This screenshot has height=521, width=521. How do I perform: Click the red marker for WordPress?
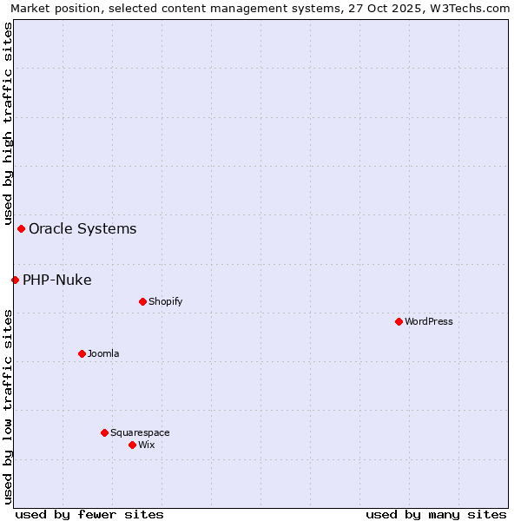click(x=399, y=321)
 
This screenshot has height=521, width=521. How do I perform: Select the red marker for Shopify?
click(x=142, y=301)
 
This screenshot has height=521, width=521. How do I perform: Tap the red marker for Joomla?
click(x=82, y=353)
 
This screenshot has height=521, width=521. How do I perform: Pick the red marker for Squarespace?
click(x=104, y=432)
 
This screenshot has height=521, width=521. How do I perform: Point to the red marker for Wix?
click(x=132, y=445)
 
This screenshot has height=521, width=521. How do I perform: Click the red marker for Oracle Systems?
click(x=21, y=228)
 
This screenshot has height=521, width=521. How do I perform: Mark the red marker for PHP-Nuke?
click(x=15, y=280)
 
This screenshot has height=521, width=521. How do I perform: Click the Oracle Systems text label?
click(x=82, y=228)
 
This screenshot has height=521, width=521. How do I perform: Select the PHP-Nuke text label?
click(x=56, y=280)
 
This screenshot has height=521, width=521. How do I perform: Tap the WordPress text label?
click(x=429, y=321)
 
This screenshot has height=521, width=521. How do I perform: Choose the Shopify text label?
click(x=165, y=301)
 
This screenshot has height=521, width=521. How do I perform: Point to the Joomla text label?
click(x=103, y=353)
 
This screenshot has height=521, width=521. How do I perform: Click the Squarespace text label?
click(x=140, y=432)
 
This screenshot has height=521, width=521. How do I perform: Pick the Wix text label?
click(x=146, y=445)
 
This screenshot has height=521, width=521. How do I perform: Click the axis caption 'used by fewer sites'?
click(x=89, y=514)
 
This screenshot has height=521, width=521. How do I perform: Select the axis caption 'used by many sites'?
click(x=436, y=514)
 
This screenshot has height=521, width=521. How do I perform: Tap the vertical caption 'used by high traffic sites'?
click(x=8, y=124)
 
